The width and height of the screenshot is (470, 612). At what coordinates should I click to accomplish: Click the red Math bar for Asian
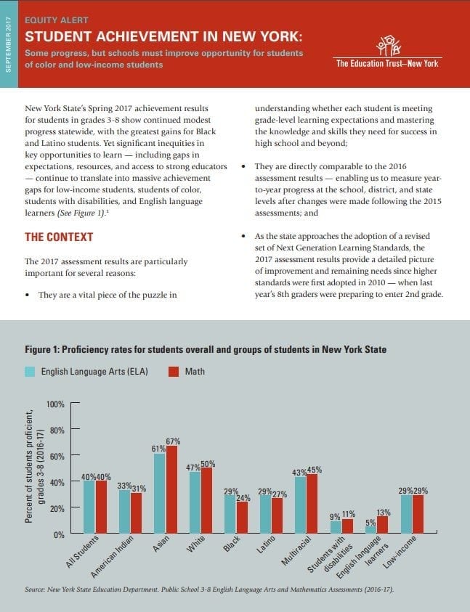point(172,490)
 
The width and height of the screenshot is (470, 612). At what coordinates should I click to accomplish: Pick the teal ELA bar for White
point(195,503)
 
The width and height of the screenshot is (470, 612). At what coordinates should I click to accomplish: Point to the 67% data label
point(173,441)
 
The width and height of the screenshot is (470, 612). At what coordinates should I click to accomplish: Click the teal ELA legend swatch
point(30,372)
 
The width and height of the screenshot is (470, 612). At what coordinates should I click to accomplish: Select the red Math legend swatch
point(174,372)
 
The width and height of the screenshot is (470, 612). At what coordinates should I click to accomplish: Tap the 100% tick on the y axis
point(55,404)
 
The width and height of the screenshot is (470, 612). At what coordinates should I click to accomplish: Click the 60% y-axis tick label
point(57,456)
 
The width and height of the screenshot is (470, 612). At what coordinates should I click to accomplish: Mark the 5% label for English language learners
point(370,522)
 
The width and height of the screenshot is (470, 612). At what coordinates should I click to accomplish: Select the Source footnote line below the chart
point(209,589)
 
